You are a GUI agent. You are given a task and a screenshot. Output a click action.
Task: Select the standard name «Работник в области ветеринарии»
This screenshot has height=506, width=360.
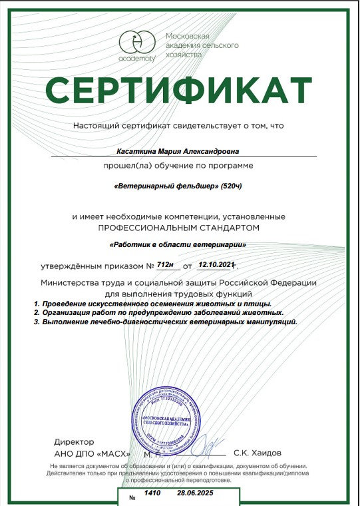pyautogui.click(x=178, y=246)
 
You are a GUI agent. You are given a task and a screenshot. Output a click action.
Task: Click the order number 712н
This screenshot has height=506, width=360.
pyautogui.click(x=164, y=265)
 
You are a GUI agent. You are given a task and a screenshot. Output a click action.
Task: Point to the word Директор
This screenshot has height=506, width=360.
pyautogui.click(x=74, y=441)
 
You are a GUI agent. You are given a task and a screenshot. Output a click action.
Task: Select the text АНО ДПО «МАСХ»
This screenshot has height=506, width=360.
pyautogui.click(x=87, y=453)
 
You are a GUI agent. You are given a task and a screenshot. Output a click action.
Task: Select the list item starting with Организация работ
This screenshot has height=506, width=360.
pyautogui.click(x=160, y=312)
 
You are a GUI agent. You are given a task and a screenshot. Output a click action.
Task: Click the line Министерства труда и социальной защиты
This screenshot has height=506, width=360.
pyautogui.click(x=178, y=283)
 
